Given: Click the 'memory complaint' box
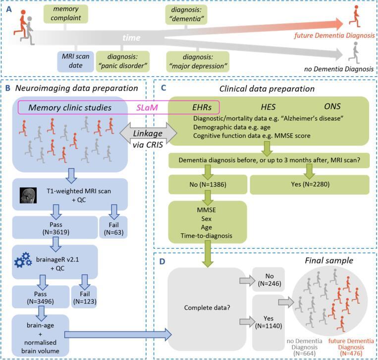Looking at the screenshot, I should tap(65, 14).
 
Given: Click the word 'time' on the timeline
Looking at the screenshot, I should tap(131, 38).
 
